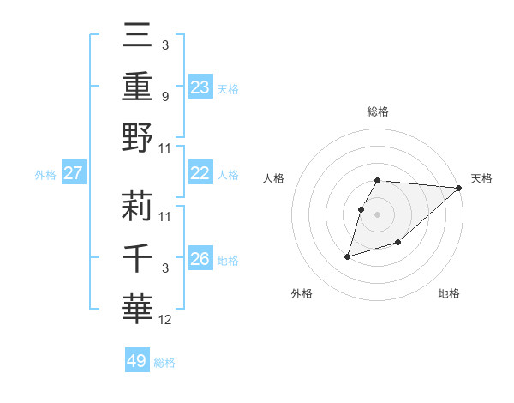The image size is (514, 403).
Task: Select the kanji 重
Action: [137, 87]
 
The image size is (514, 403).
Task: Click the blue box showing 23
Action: [200, 87]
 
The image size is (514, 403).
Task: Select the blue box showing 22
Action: [200, 173]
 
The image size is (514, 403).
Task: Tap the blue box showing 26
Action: [200, 259]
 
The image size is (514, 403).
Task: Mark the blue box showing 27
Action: [74, 173]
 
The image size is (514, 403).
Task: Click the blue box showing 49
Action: [137, 361]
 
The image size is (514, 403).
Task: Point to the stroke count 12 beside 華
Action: [166, 321]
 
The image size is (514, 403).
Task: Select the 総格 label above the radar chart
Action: [378, 111]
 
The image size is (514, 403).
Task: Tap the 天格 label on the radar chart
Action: [482, 178]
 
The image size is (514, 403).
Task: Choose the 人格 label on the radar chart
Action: [275, 178]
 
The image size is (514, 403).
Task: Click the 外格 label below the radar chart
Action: [302, 293]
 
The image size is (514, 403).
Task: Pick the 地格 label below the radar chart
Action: [449, 293]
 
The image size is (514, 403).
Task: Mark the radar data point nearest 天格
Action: [459, 189]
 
